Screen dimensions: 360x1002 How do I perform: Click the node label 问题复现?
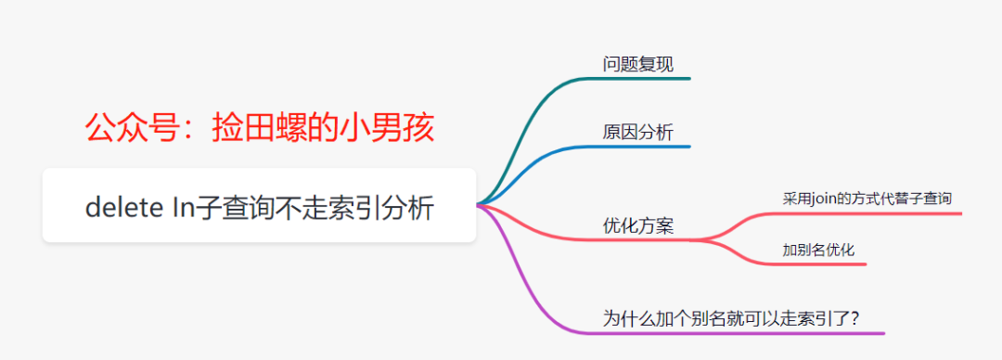click(637, 64)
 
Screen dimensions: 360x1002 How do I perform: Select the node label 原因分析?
click(637, 132)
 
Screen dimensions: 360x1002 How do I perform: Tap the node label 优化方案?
click(637, 225)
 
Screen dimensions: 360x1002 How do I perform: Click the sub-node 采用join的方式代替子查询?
click(867, 198)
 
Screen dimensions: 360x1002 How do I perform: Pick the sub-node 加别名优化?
click(818, 249)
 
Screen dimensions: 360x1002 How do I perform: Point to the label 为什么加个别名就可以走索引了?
click(731, 317)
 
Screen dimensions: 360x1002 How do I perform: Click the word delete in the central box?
click(124, 209)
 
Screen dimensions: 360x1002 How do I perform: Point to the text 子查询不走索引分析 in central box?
click(315, 209)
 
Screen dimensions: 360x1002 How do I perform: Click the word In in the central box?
click(182, 209)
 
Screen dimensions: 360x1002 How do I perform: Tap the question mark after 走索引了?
click(854, 317)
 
